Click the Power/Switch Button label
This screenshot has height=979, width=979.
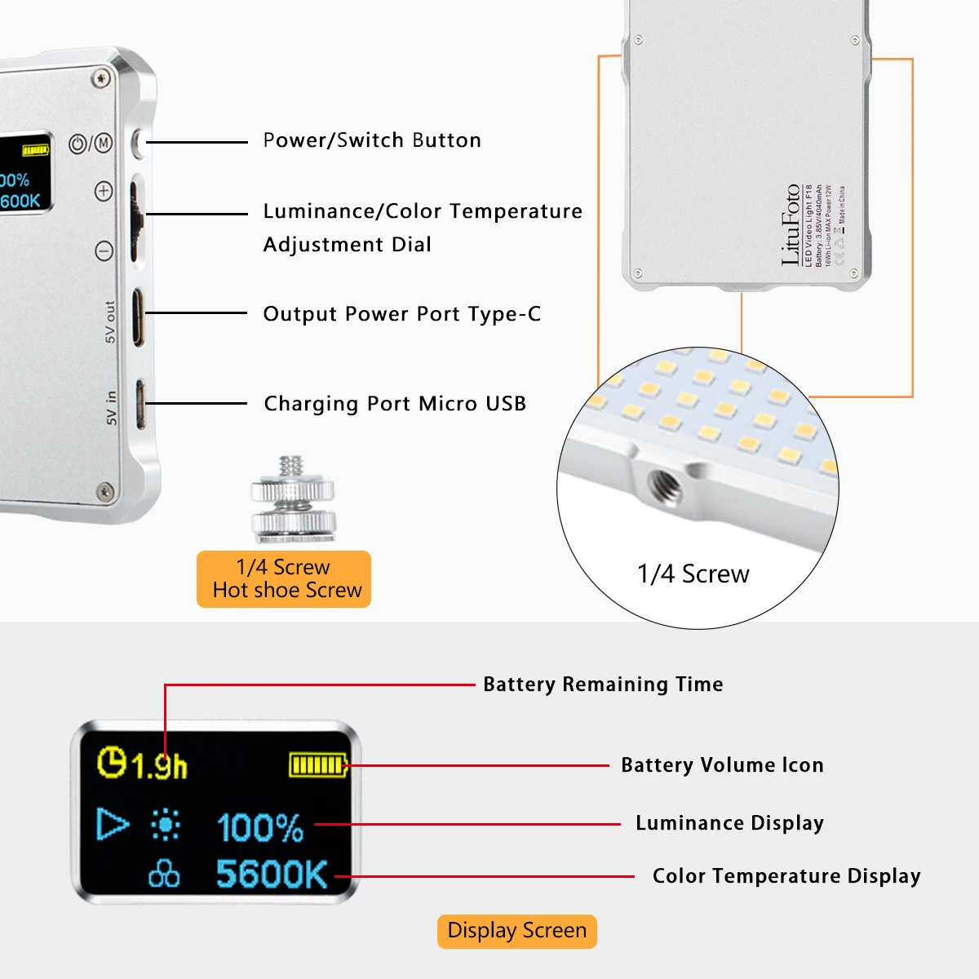point(372,140)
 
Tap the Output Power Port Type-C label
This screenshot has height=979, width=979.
point(401,314)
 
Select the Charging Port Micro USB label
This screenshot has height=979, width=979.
point(395,404)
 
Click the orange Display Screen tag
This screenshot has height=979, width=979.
point(516,931)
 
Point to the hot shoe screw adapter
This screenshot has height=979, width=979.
point(293,500)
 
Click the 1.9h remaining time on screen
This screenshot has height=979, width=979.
point(159,766)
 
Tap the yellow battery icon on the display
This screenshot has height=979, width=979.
point(318,765)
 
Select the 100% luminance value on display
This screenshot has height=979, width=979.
point(260,827)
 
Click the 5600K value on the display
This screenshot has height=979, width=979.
point(272,875)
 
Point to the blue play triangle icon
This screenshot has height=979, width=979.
point(112,824)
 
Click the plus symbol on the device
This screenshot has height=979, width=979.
point(104,191)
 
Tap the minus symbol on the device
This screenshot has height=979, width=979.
point(104,250)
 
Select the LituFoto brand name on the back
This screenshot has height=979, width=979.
point(790,224)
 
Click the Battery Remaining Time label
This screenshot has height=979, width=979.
point(603,684)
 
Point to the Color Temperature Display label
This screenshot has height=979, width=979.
point(786,876)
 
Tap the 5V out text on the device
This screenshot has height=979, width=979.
point(110,322)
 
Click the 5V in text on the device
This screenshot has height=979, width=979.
point(112,408)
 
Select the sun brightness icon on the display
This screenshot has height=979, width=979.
point(166,825)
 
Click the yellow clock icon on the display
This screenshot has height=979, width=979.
point(112,762)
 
